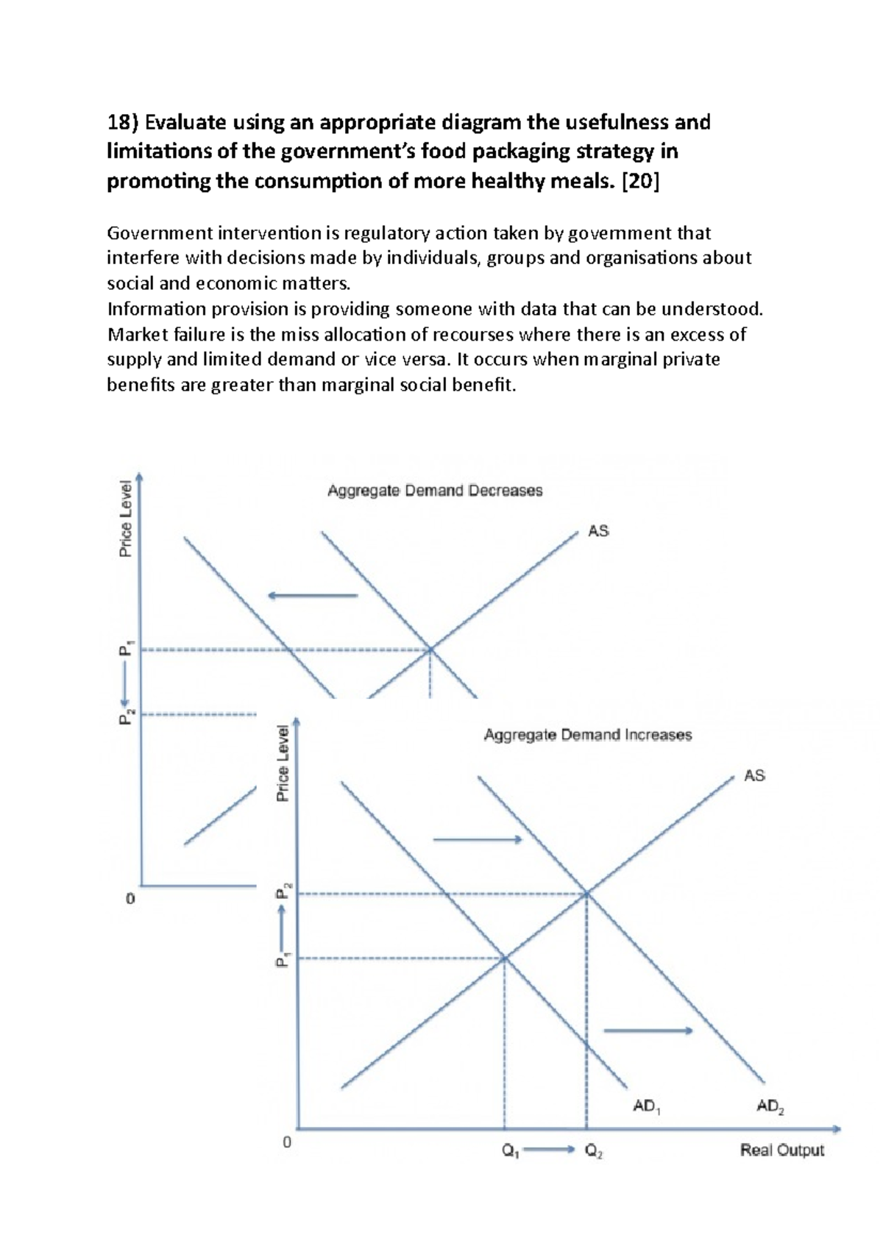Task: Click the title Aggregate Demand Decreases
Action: click(434, 491)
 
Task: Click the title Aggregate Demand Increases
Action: click(587, 735)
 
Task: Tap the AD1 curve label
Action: click(646, 1106)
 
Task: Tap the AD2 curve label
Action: click(770, 1106)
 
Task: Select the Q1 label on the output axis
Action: click(511, 1151)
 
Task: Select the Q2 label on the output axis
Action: click(594, 1151)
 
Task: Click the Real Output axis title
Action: click(781, 1150)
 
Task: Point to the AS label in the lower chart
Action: click(754, 775)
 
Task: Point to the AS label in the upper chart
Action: click(598, 531)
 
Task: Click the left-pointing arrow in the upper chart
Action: click(312, 595)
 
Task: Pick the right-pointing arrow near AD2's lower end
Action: click(648, 1031)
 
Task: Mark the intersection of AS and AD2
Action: click(586, 894)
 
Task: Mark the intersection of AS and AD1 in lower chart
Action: click(505, 958)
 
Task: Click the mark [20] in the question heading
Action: click(640, 181)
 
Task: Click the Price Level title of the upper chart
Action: click(126, 518)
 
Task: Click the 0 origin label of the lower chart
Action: click(287, 1142)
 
